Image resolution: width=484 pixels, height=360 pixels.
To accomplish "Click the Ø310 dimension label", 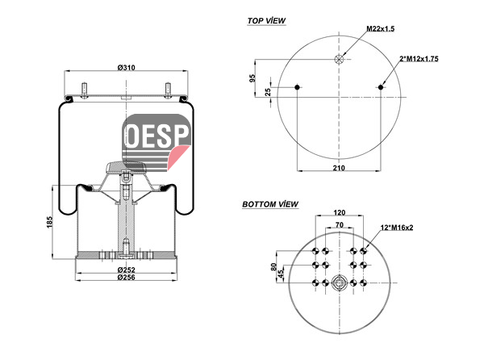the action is [x=127, y=67].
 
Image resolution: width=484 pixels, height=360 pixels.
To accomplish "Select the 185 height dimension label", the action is [x=50, y=222].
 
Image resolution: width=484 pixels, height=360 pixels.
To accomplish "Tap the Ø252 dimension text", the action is [x=127, y=270].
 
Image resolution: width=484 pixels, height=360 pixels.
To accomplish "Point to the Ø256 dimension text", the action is [x=127, y=277].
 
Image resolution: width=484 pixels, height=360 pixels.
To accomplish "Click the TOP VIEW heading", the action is [x=266, y=21].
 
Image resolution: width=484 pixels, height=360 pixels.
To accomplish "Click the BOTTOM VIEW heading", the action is [x=270, y=204].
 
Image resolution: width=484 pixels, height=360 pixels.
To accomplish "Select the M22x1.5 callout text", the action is [x=380, y=29].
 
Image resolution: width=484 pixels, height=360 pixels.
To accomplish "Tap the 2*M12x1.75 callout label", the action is [x=419, y=59].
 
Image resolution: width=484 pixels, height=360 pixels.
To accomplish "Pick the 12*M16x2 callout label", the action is [x=397, y=228].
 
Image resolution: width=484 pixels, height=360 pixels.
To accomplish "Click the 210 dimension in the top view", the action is [x=339, y=168].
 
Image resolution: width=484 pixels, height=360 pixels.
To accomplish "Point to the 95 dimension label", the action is [x=252, y=78].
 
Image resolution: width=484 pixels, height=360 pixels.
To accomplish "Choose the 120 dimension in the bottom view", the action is [x=340, y=212].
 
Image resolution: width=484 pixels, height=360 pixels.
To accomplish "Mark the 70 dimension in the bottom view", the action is [x=340, y=224].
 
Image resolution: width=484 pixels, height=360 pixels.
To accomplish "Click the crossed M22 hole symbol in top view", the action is [x=339, y=59].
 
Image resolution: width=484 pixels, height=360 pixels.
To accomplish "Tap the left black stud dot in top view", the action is [x=297, y=87].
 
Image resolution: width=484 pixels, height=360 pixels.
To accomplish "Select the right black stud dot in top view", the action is [x=381, y=87].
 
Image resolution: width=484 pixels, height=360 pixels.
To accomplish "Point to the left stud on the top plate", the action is [x=84, y=90].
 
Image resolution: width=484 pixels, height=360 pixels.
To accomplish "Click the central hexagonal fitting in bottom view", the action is [x=339, y=283].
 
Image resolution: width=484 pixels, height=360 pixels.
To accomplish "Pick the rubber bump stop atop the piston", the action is [x=126, y=167].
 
